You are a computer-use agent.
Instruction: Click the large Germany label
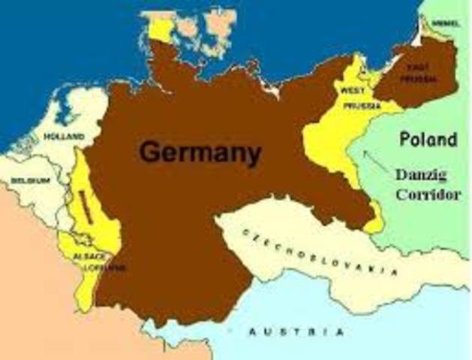pos(200,154)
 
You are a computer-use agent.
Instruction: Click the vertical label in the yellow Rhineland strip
pos(86,207)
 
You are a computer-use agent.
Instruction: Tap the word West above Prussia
pos(353,91)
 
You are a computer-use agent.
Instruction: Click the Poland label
pos(427,139)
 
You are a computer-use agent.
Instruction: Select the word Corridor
pos(425,193)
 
